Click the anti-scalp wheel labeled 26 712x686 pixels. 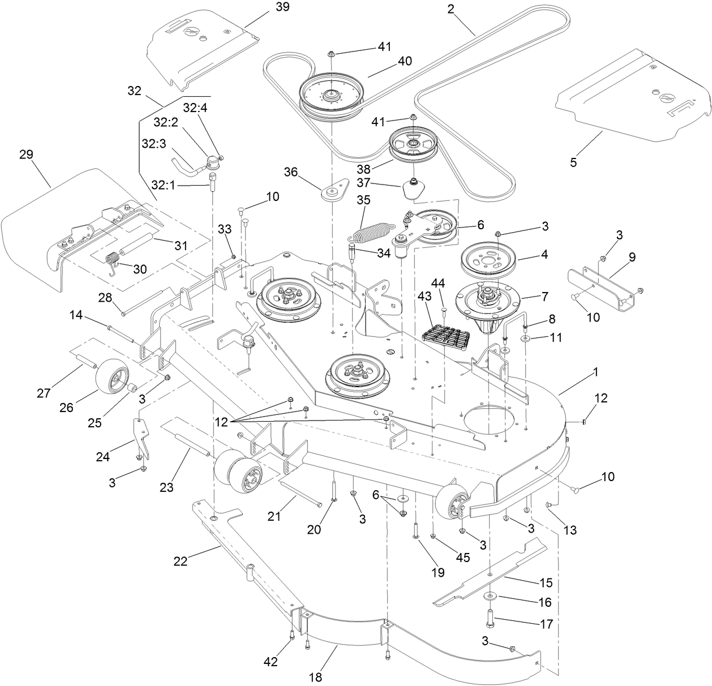pyautogui.click(x=111, y=379)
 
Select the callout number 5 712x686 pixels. pyautogui.click(x=573, y=162)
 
